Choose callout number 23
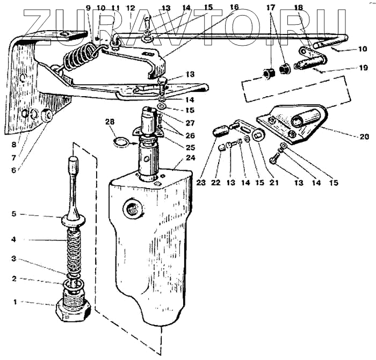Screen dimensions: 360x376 coord(201,183)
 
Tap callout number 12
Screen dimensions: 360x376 coord(130,8)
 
